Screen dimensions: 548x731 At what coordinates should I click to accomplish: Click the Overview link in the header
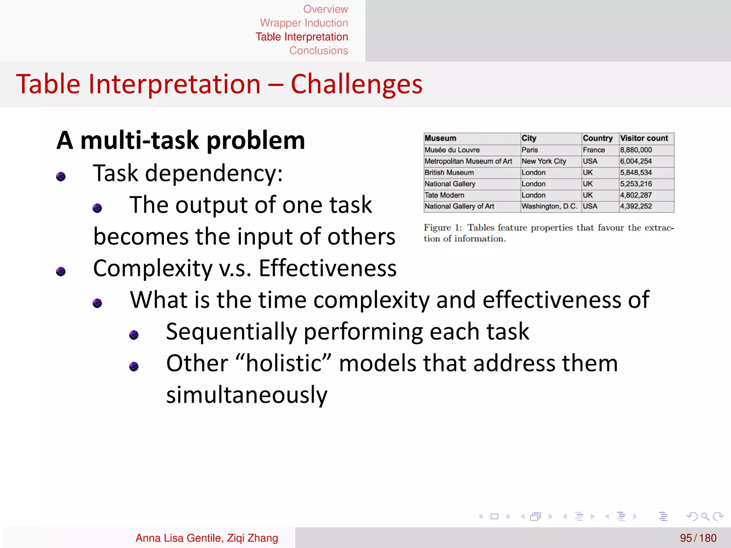tap(325, 9)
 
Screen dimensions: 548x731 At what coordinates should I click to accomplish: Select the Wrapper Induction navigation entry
tap(304, 23)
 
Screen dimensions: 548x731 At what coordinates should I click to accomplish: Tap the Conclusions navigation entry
tap(318, 51)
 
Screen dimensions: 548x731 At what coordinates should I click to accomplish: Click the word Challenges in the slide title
tap(356, 84)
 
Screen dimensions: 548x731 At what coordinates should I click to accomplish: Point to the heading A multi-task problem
tap(181, 140)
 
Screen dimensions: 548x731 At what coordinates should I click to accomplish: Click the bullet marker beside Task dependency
tap(61, 176)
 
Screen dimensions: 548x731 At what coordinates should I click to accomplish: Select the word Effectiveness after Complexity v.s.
tap(327, 268)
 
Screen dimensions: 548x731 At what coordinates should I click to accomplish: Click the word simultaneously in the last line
tap(247, 395)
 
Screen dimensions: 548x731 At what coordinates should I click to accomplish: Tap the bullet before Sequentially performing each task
tap(134, 335)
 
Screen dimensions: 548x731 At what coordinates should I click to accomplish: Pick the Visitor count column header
tap(644, 138)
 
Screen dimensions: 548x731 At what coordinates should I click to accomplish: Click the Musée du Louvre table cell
tap(452, 150)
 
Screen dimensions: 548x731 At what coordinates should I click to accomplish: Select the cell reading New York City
tap(544, 161)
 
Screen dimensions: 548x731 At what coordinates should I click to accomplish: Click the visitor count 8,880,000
tap(636, 150)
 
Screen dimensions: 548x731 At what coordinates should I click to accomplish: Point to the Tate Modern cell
tap(444, 195)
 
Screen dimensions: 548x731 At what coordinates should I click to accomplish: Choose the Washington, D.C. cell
tap(549, 206)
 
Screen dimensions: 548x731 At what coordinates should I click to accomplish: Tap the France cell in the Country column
tap(594, 150)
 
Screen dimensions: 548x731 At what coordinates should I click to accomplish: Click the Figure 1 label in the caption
tap(442, 228)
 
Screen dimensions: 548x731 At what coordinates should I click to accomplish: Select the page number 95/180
tap(698, 538)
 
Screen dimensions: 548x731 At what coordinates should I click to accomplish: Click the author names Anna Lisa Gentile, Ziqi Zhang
tap(207, 538)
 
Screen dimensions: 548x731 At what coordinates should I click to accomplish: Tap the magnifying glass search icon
tap(705, 516)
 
